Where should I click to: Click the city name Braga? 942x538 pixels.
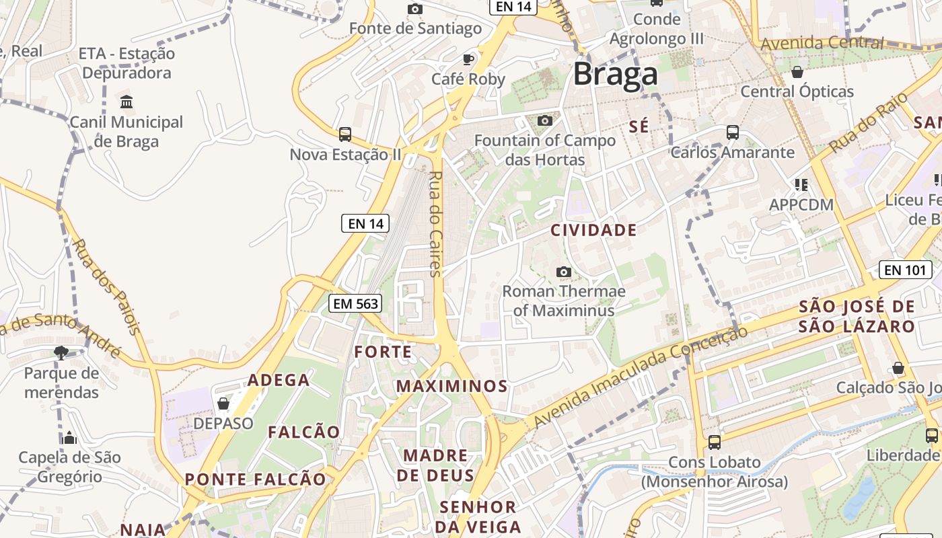pos(615,75)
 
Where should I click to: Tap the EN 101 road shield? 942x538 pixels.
pos(905,270)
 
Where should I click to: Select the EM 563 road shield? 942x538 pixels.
pos(356,304)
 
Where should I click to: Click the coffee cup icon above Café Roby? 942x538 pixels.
pos(468,59)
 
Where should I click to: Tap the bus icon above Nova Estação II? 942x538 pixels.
pos(345,134)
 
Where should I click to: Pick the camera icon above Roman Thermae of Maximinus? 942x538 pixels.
pos(564,272)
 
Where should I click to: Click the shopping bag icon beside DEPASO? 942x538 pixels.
pos(223,403)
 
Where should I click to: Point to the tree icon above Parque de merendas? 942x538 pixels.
pos(61,352)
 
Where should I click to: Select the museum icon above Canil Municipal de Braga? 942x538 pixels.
pos(126,102)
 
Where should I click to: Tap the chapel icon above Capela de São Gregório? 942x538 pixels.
pos(69,438)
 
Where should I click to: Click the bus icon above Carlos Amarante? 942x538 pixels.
pos(733,132)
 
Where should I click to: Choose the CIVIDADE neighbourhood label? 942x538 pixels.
pos(593,231)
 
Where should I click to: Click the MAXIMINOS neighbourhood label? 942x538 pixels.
pos(451,386)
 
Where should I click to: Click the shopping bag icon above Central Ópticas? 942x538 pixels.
pos(797,71)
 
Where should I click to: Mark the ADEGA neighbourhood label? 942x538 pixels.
pos(279,380)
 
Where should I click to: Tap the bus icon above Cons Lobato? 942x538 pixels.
pos(715,443)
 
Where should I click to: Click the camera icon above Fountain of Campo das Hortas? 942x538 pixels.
pos(545,121)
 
